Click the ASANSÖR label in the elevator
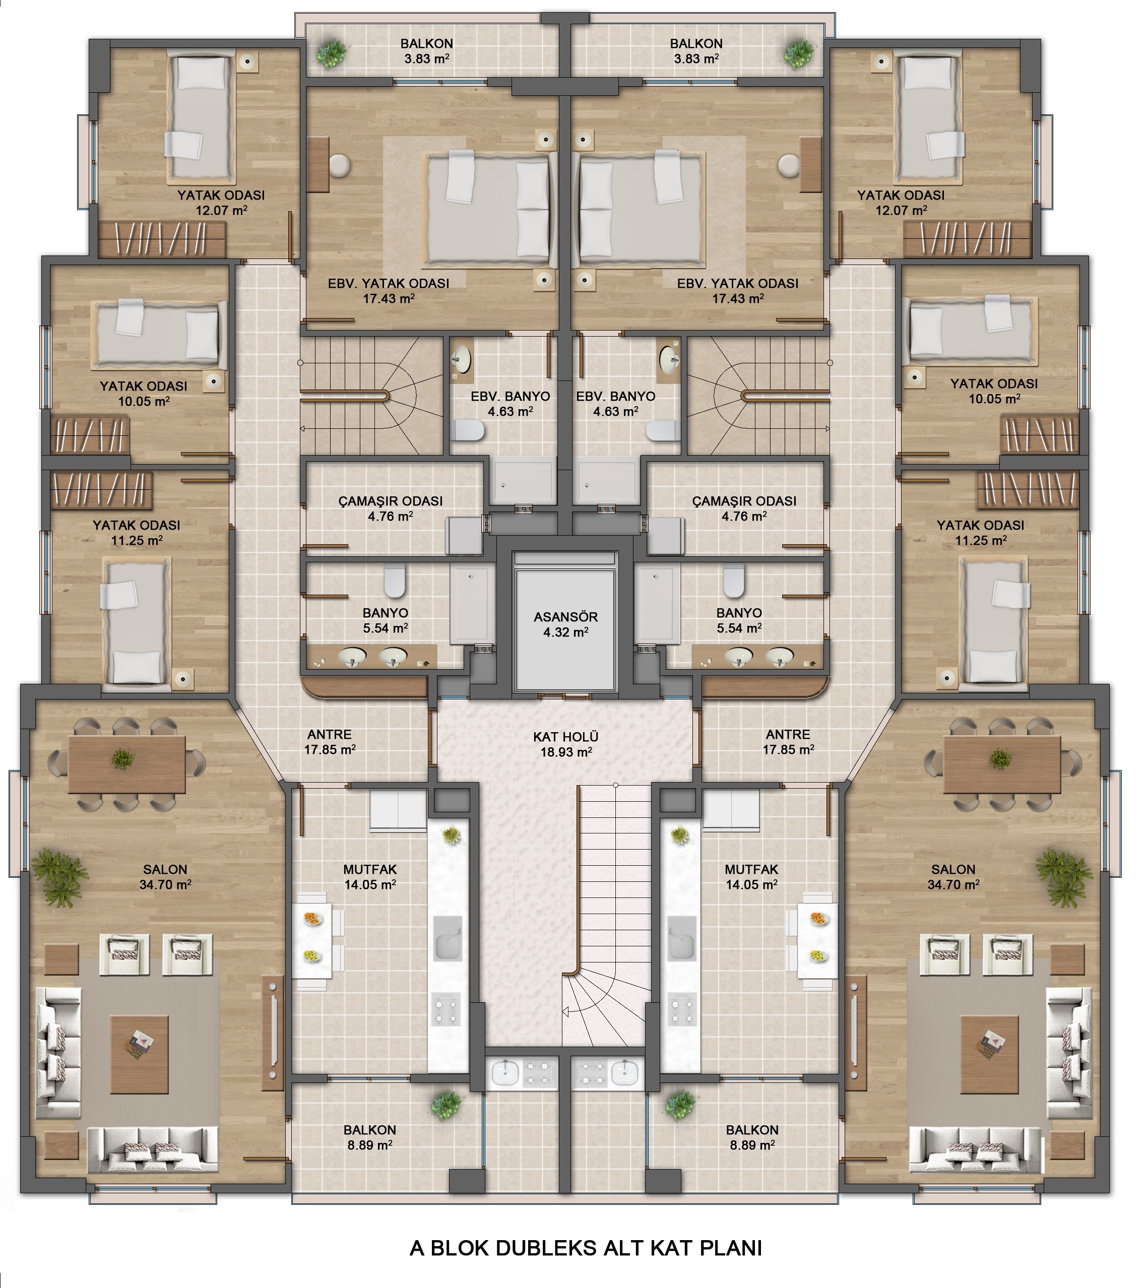click(x=565, y=617)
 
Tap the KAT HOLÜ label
click(x=565, y=737)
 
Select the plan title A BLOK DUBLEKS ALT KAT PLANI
click(x=586, y=1248)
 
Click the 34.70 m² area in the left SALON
click(x=165, y=884)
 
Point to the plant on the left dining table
click(x=123, y=759)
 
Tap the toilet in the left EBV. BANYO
click(x=468, y=431)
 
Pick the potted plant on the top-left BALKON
click(x=332, y=54)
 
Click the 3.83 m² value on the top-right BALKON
click(x=696, y=58)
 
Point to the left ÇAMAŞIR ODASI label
click(x=390, y=501)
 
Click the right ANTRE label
click(x=788, y=734)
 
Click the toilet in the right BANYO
click(x=734, y=581)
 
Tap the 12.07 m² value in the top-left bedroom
click(x=221, y=210)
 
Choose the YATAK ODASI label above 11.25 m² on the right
click(x=980, y=525)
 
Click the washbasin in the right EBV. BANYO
click(x=669, y=360)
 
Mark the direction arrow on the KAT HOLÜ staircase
click(x=566, y=1012)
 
